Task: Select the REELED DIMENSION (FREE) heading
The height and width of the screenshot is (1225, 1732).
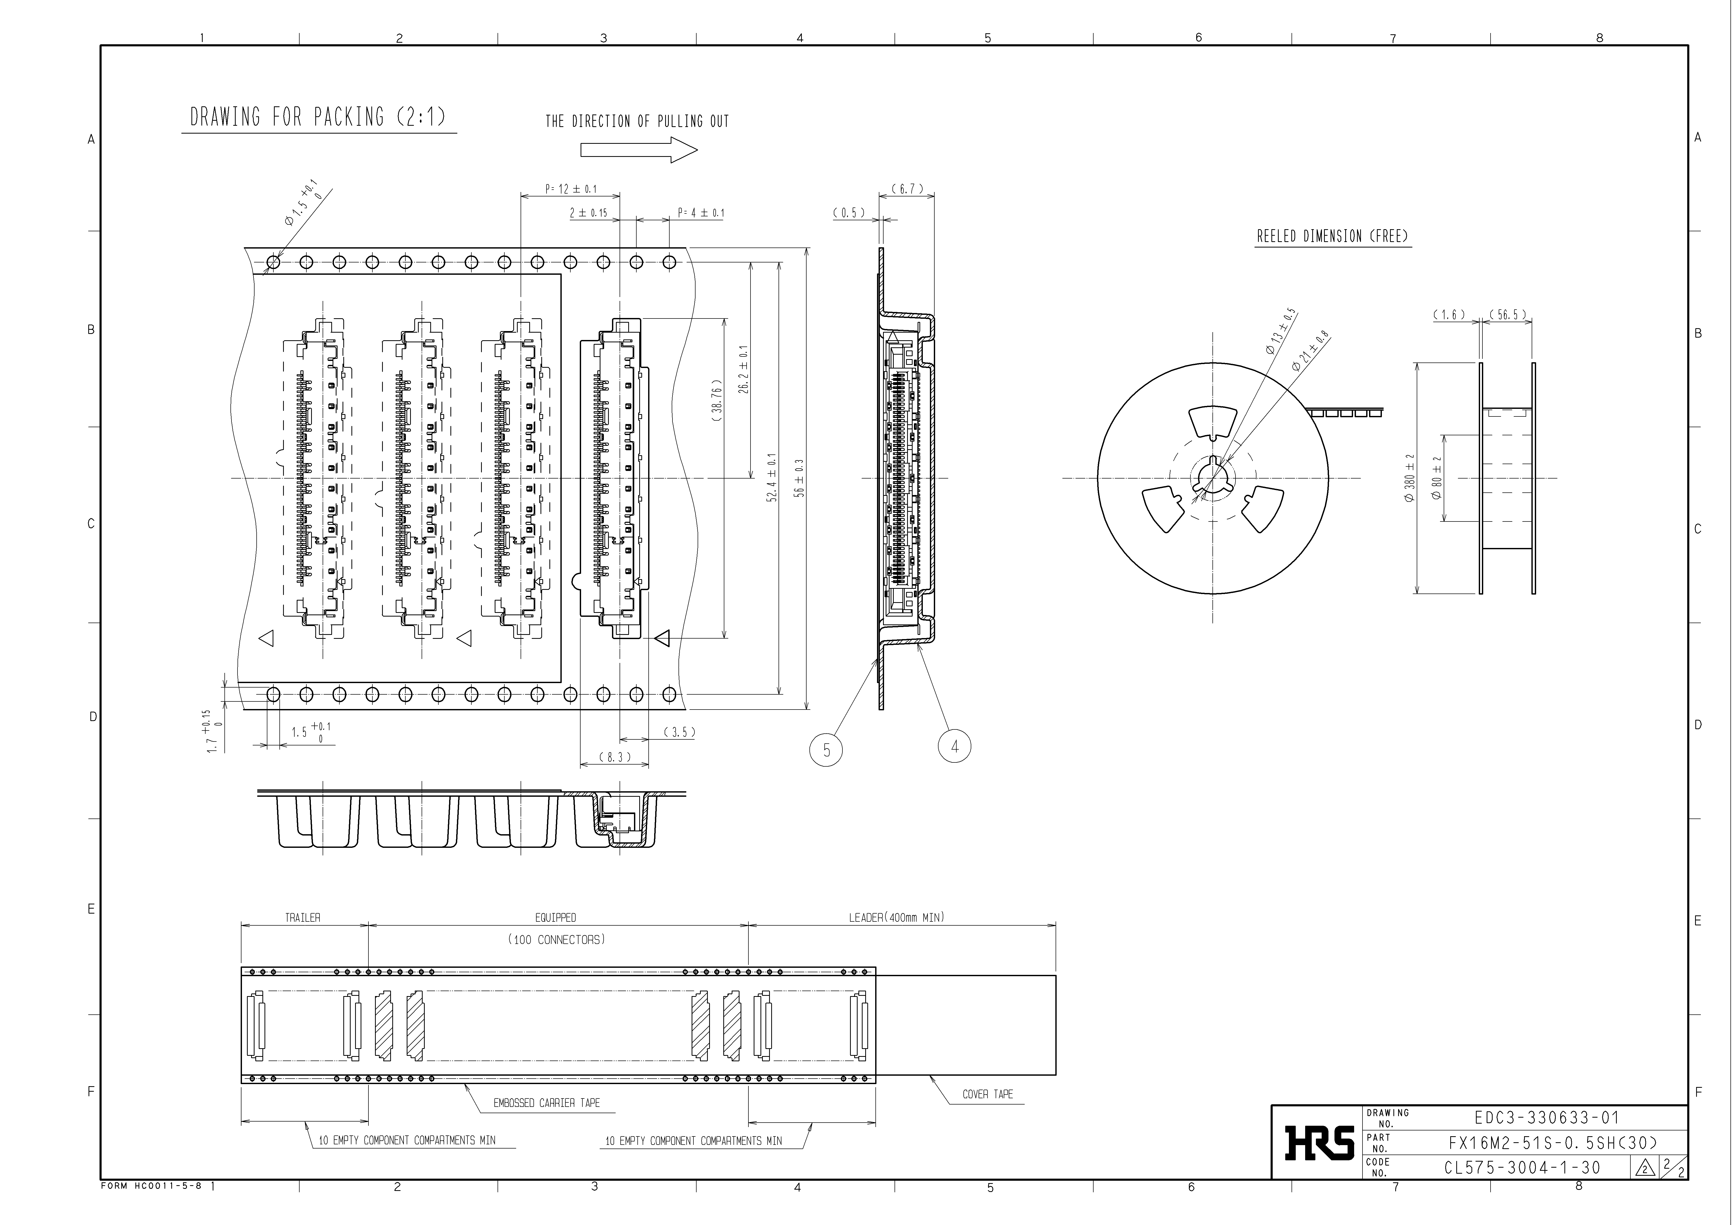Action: click(1332, 236)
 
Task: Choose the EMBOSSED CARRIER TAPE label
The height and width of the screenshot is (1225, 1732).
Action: click(546, 1103)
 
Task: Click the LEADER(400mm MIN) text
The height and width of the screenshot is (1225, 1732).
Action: click(896, 917)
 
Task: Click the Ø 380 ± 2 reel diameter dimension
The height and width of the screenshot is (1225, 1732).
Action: click(1409, 478)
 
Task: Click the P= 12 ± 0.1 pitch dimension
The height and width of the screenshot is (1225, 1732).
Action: click(570, 189)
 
